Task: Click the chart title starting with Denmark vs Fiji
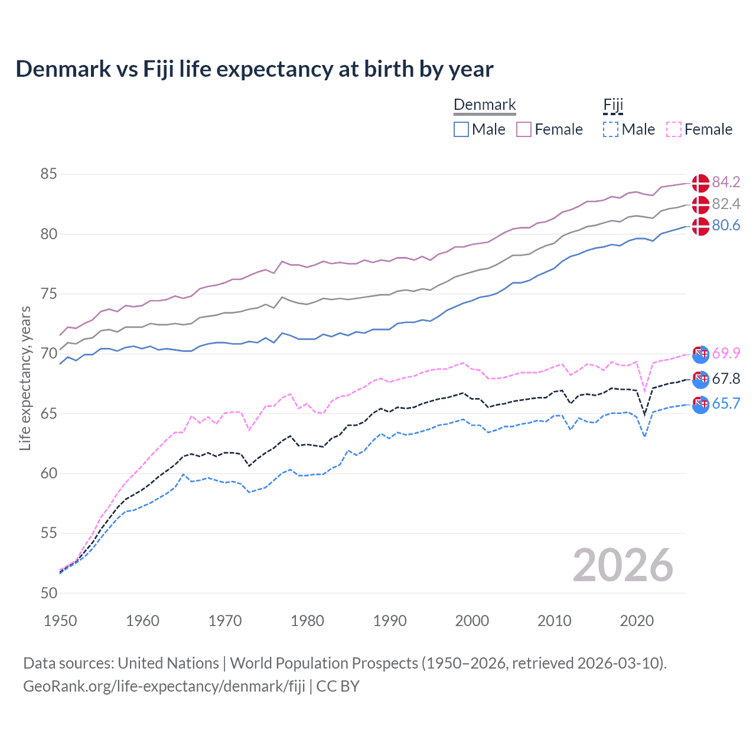click(x=254, y=69)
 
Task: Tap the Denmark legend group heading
click(x=484, y=105)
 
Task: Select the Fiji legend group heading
click(x=613, y=105)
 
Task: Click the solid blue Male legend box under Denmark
click(x=461, y=129)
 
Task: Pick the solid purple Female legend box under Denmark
click(x=524, y=129)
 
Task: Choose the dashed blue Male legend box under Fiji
click(x=611, y=129)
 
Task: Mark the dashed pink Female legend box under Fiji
click(x=674, y=129)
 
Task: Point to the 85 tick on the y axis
click(x=49, y=174)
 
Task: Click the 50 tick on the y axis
click(x=49, y=593)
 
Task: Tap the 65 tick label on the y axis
click(x=49, y=413)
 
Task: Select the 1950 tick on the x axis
click(x=60, y=621)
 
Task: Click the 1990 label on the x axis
click(x=390, y=621)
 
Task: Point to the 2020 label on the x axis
click(x=637, y=621)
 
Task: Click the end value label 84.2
click(x=726, y=182)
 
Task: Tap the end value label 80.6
click(x=726, y=226)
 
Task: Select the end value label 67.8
click(x=726, y=379)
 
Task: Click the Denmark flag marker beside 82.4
click(x=700, y=204)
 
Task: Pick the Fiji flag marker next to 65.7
click(x=700, y=405)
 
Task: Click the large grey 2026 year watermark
click(x=623, y=565)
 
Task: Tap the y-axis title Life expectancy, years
click(x=25, y=378)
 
